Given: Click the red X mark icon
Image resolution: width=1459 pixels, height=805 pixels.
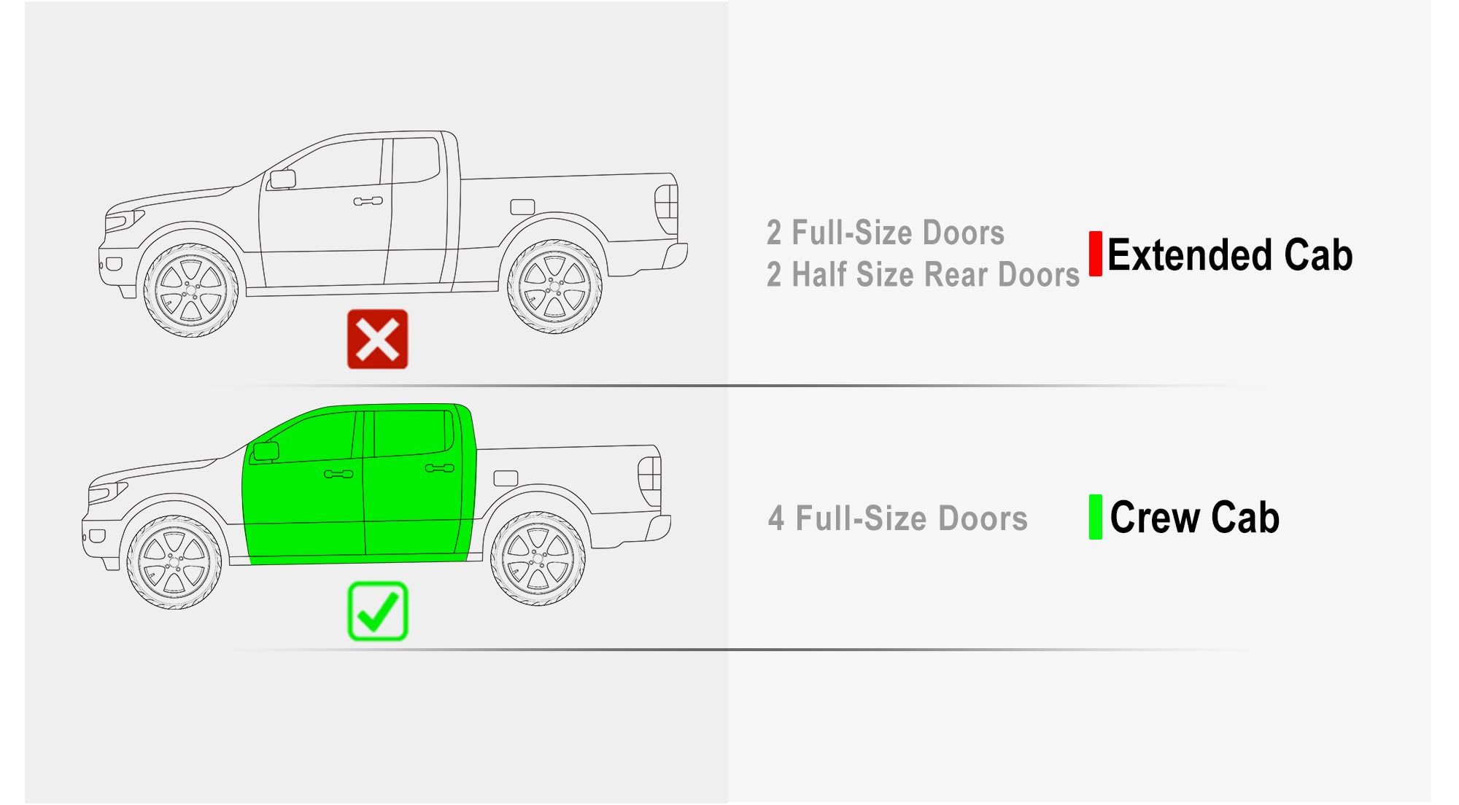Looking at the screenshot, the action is [377, 339].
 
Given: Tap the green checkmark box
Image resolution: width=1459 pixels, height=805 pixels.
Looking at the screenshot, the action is [377, 611].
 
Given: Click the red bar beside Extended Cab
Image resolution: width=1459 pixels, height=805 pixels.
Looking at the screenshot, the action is [1095, 254].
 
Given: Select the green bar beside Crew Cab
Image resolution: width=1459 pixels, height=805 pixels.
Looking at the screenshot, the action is [1095, 517].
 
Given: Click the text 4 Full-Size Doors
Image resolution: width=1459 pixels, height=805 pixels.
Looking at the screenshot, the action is [897, 518].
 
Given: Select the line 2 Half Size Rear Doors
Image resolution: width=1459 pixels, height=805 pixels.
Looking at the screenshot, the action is [923, 275].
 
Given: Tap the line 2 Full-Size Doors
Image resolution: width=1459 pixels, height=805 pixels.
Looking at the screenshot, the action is [886, 233].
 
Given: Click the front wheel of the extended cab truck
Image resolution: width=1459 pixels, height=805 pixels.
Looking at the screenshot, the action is [191, 290].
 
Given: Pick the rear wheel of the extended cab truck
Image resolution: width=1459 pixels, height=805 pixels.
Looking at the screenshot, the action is [554, 287].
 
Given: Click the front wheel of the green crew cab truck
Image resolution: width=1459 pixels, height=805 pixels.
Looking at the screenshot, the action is [174, 562].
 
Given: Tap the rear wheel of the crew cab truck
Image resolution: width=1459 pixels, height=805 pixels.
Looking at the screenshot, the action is [538, 559].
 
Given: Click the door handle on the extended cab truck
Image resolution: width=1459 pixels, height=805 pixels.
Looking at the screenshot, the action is [368, 201].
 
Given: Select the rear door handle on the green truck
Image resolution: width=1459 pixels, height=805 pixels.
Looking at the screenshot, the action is [439, 468].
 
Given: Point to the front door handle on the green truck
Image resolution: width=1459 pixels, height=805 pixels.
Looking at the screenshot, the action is [338, 474].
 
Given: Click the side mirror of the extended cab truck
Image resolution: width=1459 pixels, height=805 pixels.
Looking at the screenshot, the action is [282, 179].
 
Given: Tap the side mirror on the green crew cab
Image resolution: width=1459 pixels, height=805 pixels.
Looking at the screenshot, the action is [266, 451].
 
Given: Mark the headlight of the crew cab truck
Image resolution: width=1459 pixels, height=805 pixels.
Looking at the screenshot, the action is [107, 492].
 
